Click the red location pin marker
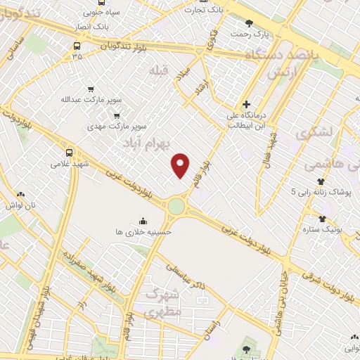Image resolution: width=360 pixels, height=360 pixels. click(181, 165)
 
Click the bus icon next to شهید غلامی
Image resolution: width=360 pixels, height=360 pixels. click(69, 153)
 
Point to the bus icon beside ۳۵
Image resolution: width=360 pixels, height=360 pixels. click(76, 46)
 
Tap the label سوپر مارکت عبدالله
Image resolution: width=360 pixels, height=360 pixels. click(86, 100)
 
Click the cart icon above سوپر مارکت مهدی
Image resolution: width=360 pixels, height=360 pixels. click(117, 116)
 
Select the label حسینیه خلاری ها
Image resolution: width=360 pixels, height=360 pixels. click(143, 231)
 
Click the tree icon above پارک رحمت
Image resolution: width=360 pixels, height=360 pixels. click(249, 23)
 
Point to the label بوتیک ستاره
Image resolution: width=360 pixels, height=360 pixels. click(322, 229)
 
